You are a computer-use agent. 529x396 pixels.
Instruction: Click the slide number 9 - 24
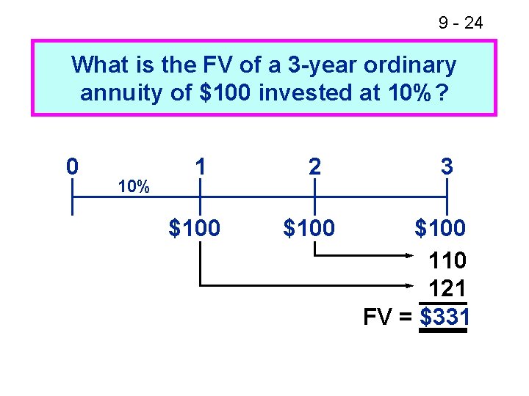coord(461,23)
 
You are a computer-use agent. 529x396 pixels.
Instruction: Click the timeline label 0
coord(72,167)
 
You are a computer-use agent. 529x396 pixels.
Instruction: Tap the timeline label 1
coord(200,167)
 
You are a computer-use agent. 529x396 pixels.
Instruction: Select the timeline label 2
coord(314,167)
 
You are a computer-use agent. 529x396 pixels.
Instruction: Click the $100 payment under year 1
coord(195,229)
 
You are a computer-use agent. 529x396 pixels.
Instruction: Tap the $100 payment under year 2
coord(309,229)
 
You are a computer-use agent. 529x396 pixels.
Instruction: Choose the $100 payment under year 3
coord(440,229)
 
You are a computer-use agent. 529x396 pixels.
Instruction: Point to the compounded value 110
coord(448,260)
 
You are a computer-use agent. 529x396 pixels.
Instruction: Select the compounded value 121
coord(448,288)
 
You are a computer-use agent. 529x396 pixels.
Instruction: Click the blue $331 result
coord(444,317)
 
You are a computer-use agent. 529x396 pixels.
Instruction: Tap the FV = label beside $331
coord(388,317)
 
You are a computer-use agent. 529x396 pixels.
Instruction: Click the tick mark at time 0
coord(72,197)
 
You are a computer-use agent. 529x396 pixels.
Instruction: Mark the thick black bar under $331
coord(443,331)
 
